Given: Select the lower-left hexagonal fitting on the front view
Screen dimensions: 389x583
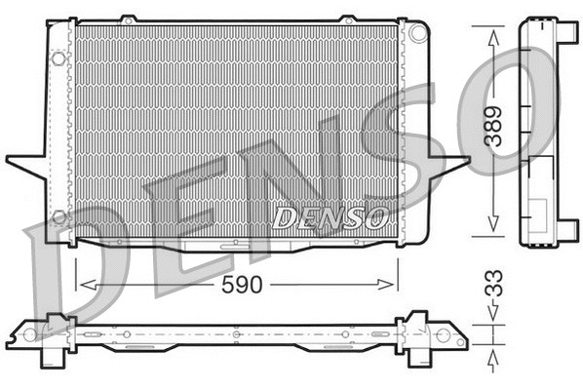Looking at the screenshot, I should (59, 215).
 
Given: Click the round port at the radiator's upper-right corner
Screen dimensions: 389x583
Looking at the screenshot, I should (418, 33).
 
